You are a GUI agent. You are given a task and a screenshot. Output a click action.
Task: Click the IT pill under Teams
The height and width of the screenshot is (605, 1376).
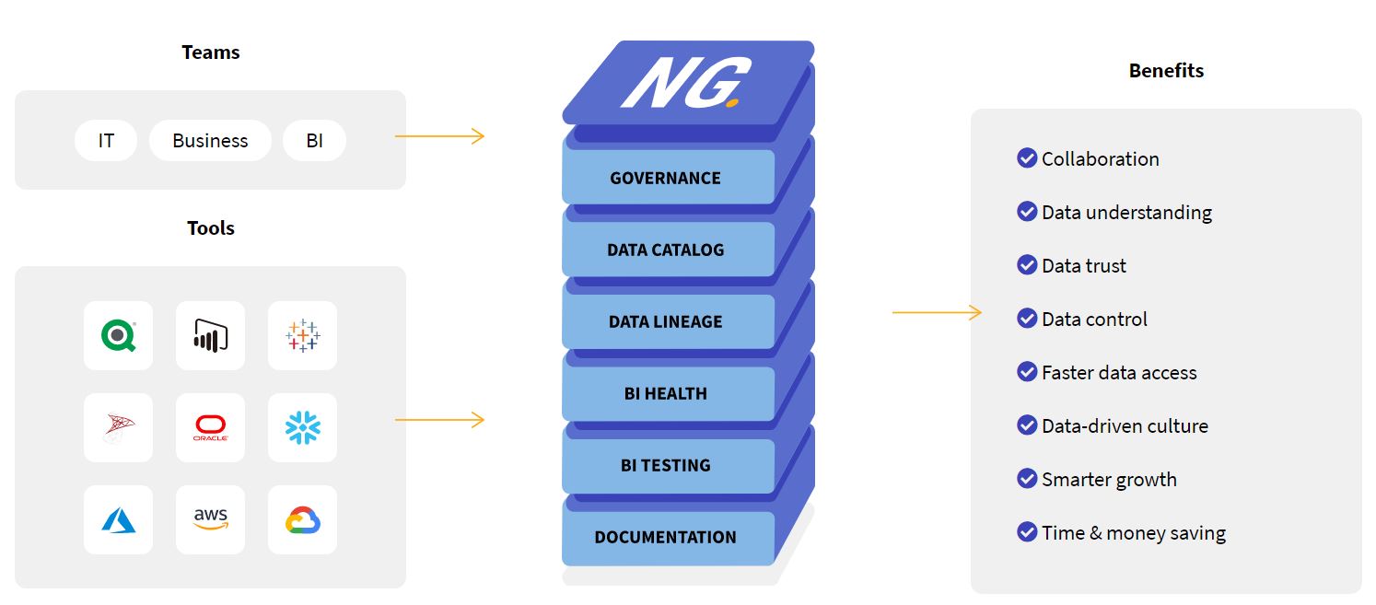[x=106, y=141]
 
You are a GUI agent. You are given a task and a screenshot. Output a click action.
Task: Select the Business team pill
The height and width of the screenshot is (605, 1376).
[x=210, y=141]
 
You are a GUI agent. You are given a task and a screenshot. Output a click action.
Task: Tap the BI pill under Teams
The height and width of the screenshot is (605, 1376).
[x=314, y=141]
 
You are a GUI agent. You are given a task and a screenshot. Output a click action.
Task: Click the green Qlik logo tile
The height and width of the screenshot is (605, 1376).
[x=118, y=336]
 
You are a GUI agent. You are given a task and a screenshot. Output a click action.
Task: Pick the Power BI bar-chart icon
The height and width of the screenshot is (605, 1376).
[x=210, y=336]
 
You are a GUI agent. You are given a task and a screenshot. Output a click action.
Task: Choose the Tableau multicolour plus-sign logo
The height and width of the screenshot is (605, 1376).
[x=302, y=336]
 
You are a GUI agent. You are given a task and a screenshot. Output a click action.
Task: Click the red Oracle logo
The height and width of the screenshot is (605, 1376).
[x=210, y=427]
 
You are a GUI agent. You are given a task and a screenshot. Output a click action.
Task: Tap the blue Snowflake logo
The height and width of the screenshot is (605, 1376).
[x=302, y=427]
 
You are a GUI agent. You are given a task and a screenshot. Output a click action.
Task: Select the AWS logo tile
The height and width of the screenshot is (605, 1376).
[x=210, y=519]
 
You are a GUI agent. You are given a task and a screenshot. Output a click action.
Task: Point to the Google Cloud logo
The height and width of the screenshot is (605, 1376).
[x=302, y=520]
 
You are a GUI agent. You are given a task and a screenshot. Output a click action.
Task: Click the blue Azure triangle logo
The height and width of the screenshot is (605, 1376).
[x=118, y=520]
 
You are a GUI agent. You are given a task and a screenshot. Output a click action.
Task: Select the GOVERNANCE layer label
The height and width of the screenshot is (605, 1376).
[x=666, y=178]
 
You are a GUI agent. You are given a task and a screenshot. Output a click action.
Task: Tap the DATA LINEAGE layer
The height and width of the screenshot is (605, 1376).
[x=666, y=321]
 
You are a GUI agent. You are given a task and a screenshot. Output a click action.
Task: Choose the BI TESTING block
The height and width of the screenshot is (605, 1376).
[x=666, y=465]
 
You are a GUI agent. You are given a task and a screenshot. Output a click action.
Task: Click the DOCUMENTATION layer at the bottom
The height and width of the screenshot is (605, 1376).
[x=666, y=537]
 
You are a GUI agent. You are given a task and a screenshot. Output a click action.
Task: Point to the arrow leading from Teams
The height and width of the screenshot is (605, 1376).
[x=439, y=136]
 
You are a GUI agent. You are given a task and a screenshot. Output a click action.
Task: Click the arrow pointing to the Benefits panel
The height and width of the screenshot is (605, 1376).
[x=937, y=313]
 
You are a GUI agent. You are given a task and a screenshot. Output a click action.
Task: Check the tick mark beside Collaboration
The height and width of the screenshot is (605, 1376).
[x=1027, y=158]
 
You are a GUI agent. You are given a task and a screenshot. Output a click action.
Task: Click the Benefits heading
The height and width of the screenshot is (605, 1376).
[x=1166, y=71]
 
